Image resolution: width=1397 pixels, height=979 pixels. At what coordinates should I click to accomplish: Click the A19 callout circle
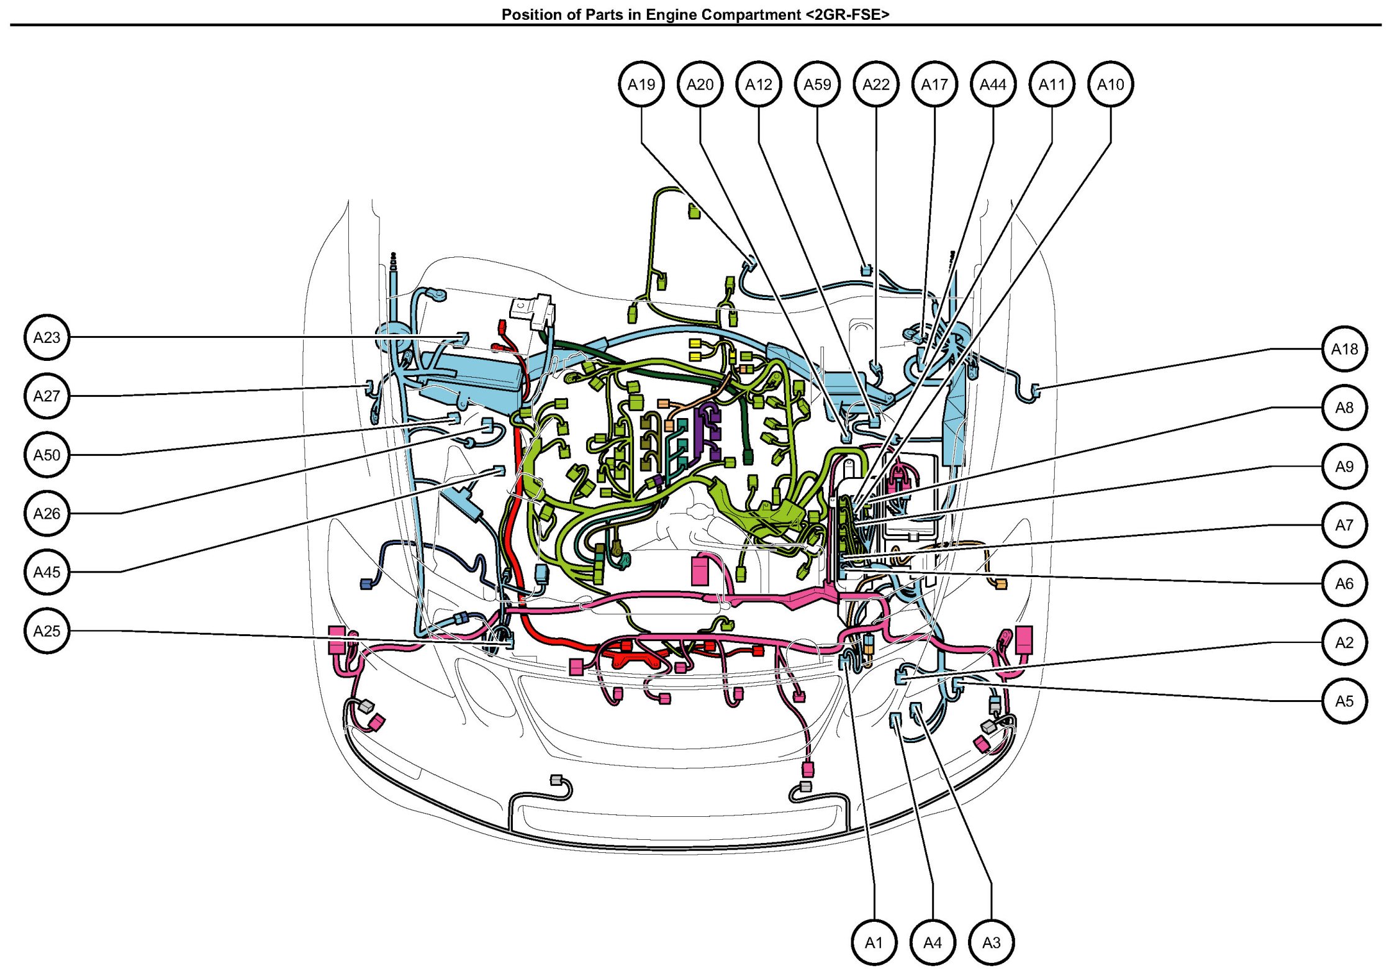[641, 84]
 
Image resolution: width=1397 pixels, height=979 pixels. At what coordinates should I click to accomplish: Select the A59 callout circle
[817, 84]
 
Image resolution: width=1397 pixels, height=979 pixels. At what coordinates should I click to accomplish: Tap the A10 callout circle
[1110, 84]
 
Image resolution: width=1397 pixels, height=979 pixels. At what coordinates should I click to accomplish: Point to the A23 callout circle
[47, 337]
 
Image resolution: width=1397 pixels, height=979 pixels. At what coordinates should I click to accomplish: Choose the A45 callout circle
[47, 572]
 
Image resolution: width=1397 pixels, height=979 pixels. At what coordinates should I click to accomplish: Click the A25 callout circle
[47, 631]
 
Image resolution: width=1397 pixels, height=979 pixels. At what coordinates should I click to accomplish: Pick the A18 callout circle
[1344, 349]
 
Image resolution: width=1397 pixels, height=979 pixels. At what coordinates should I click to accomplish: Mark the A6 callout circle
[1344, 584]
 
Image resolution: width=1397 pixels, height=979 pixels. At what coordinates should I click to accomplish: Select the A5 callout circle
[1344, 701]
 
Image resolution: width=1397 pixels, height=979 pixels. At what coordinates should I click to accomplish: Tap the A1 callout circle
[874, 943]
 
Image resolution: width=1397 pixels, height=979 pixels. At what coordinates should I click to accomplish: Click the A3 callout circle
[991, 943]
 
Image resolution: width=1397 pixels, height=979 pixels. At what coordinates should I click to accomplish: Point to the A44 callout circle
[993, 84]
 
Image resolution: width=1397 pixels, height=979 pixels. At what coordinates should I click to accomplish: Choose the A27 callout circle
[47, 396]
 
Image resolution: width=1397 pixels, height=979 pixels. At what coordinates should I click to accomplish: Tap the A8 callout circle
[1344, 408]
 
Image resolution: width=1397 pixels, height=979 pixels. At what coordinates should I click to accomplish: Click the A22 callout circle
[875, 84]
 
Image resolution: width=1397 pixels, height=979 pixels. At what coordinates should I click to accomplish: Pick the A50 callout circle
[47, 455]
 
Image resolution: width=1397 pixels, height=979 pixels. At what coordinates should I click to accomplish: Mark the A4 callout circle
[933, 943]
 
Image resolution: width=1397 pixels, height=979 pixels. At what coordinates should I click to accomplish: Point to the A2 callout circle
[1344, 642]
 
